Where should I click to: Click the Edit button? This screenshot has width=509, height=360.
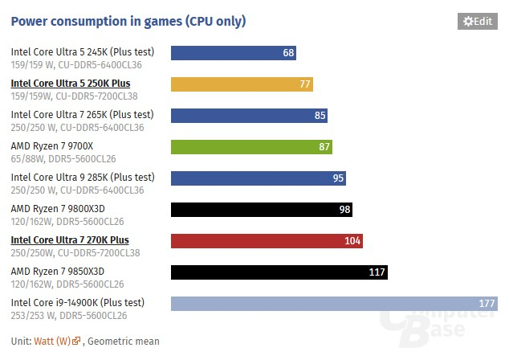477,22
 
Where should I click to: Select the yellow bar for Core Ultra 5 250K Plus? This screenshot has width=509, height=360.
242,84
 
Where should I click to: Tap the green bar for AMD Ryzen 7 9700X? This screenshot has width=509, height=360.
251,147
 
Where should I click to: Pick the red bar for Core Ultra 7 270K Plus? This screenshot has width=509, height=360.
267,240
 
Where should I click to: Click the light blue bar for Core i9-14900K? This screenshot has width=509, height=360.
334,303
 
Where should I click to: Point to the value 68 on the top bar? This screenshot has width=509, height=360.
288,53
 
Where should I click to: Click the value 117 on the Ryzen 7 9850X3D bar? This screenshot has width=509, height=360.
377,272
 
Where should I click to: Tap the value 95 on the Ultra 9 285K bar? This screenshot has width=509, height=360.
337,178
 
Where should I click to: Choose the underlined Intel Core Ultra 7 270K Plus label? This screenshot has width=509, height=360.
70,239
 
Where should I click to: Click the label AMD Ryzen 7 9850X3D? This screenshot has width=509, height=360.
58,271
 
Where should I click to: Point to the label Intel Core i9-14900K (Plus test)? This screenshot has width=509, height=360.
78,302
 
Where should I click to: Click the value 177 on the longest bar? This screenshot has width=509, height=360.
487,303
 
